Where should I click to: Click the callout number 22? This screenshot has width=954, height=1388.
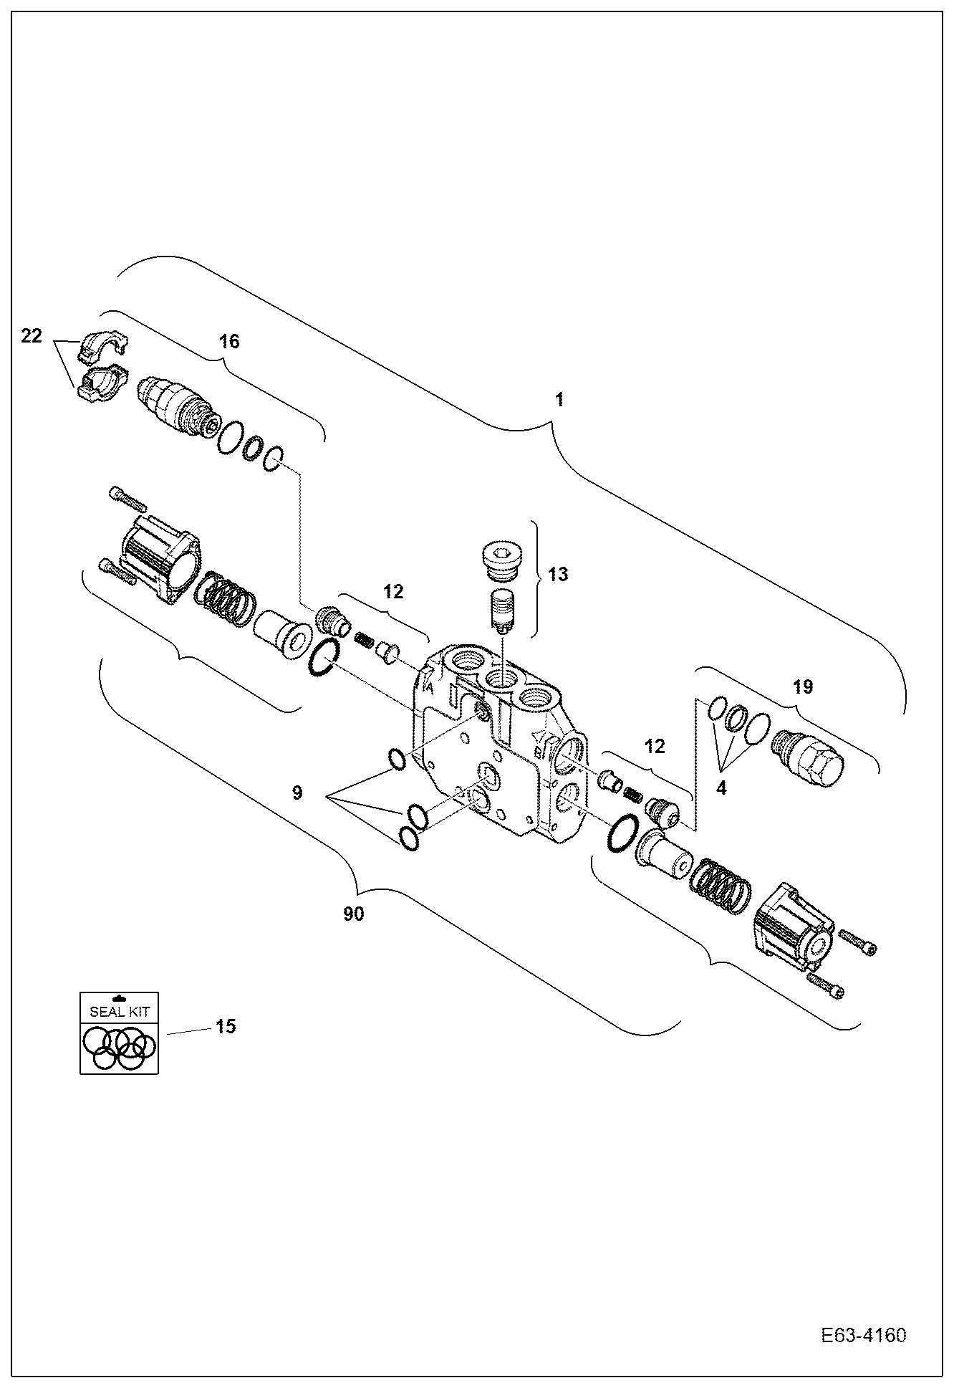click(x=32, y=335)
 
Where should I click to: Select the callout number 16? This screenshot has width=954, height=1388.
click(x=229, y=341)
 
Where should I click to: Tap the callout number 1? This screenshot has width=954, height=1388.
click(x=559, y=400)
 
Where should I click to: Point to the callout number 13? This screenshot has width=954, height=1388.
click(x=558, y=574)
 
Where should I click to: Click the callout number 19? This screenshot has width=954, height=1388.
click(x=803, y=687)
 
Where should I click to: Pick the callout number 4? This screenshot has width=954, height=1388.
click(x=721, y=788)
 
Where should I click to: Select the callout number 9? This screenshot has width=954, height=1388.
click(x=297, y=793)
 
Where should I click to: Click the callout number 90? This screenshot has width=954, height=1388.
click(x=353, y=914)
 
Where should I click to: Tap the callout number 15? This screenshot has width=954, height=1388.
click(x=226, y=1026)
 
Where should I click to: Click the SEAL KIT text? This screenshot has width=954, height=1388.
click(x=120, y=1013)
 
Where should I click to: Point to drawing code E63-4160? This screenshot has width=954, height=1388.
click(x=864, y=1336)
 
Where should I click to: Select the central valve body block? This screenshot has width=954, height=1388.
click(x=494, y=745)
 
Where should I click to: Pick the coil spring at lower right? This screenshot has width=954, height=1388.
click(x=719, y=886)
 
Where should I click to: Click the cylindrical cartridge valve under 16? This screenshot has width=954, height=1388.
click(x=175, y=404)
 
